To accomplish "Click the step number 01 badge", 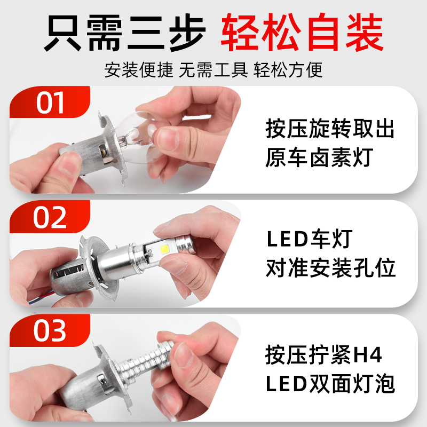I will coord(50,102).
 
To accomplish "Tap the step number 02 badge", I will coord(50,217).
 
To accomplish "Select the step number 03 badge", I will coord(50,331).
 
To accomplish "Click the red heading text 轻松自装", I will coord(302,33).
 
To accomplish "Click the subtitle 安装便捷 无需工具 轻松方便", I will coord(213,70).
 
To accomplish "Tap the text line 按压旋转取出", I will coord(330,129).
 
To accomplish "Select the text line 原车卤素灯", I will coord(319,158).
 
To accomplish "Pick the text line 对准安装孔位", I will coord(331,269).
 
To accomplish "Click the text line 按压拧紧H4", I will coord(324,354).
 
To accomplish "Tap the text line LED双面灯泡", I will coord(330,383).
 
